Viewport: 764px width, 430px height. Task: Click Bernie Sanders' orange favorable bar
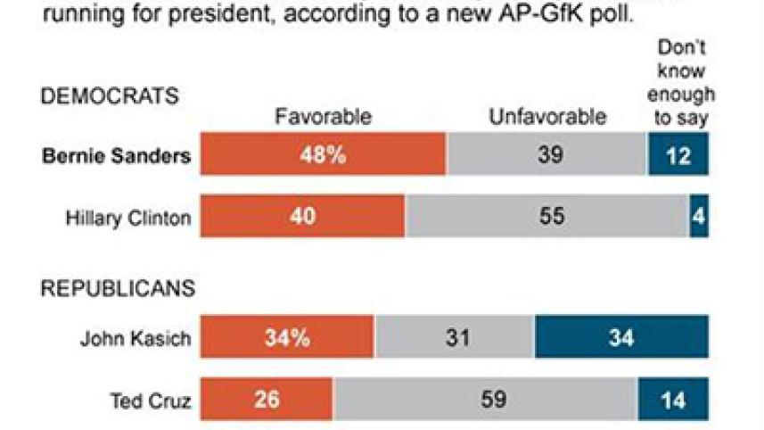323,154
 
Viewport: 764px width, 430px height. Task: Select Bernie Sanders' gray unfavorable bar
546,154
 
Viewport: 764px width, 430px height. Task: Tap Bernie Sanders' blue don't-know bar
678,154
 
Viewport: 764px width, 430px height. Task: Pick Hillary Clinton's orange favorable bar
302,217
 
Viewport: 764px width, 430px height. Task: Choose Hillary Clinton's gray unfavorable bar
546,217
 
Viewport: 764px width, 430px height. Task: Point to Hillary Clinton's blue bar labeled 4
698,217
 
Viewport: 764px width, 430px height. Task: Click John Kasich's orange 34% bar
287,338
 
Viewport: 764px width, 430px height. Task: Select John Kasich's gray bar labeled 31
454,338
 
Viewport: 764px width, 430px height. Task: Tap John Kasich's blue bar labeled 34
621,338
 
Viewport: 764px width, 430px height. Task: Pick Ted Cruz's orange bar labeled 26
267,400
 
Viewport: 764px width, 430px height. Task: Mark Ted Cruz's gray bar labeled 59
485,400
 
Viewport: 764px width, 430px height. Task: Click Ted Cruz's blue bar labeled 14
673,400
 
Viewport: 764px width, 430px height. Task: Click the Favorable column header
323,116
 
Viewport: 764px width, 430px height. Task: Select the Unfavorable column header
546,116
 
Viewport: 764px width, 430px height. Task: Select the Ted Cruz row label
152,401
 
